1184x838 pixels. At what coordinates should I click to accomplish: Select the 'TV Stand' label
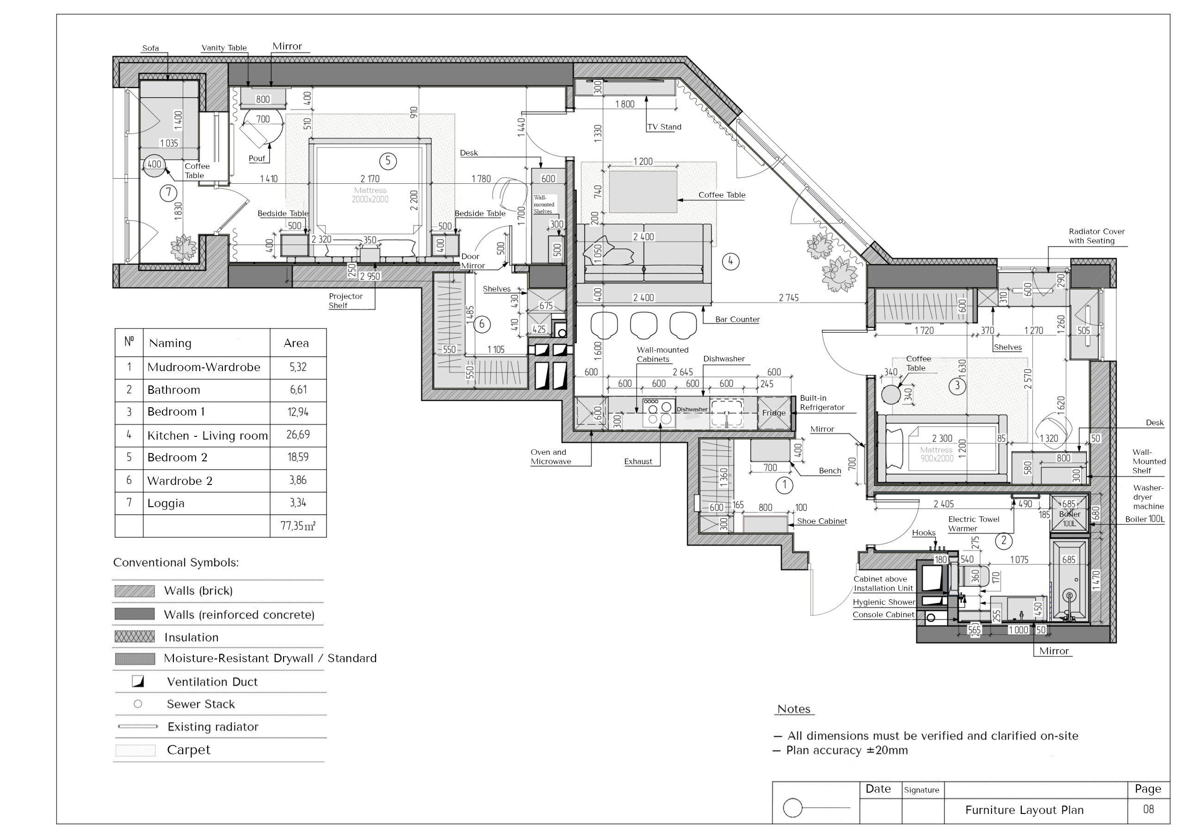click(x=664, y=127)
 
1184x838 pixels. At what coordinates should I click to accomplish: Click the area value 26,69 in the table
click(x=298, y=435)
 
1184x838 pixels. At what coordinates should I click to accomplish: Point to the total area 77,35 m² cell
click(x=298, y=526)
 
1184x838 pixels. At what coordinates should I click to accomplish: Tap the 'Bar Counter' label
click(x=737, y=319)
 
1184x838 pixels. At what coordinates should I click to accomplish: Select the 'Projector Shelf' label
click(x=345, y=301)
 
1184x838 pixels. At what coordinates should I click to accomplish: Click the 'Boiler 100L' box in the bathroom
click(x=1069, y=512)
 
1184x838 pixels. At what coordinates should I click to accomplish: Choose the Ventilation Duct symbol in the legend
click(x=138, y=682)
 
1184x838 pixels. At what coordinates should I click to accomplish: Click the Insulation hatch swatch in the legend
click(x=135, y=637)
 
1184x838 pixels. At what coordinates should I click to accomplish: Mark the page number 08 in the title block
click(x=1148, y=809)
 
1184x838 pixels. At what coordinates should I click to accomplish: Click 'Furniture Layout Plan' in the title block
click(x=1024, y=810)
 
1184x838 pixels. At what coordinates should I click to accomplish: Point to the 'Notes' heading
click(x=794, y=709)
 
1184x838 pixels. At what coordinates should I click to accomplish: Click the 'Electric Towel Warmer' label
click(x=974, y=524)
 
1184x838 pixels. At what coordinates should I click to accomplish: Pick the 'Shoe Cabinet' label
click(x=822, y=521)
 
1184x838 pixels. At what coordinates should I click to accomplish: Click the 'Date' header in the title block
click(x=878, y=789)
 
